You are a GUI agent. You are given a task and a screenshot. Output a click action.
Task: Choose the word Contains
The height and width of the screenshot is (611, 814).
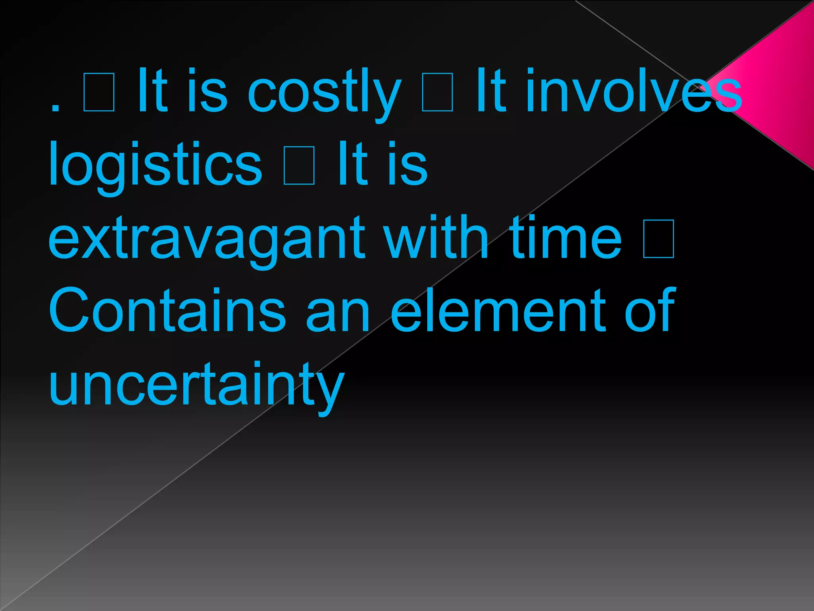167,310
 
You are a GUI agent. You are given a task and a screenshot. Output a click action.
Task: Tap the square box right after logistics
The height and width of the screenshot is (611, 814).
299,165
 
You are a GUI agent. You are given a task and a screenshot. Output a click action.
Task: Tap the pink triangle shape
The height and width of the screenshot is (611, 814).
779,88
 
